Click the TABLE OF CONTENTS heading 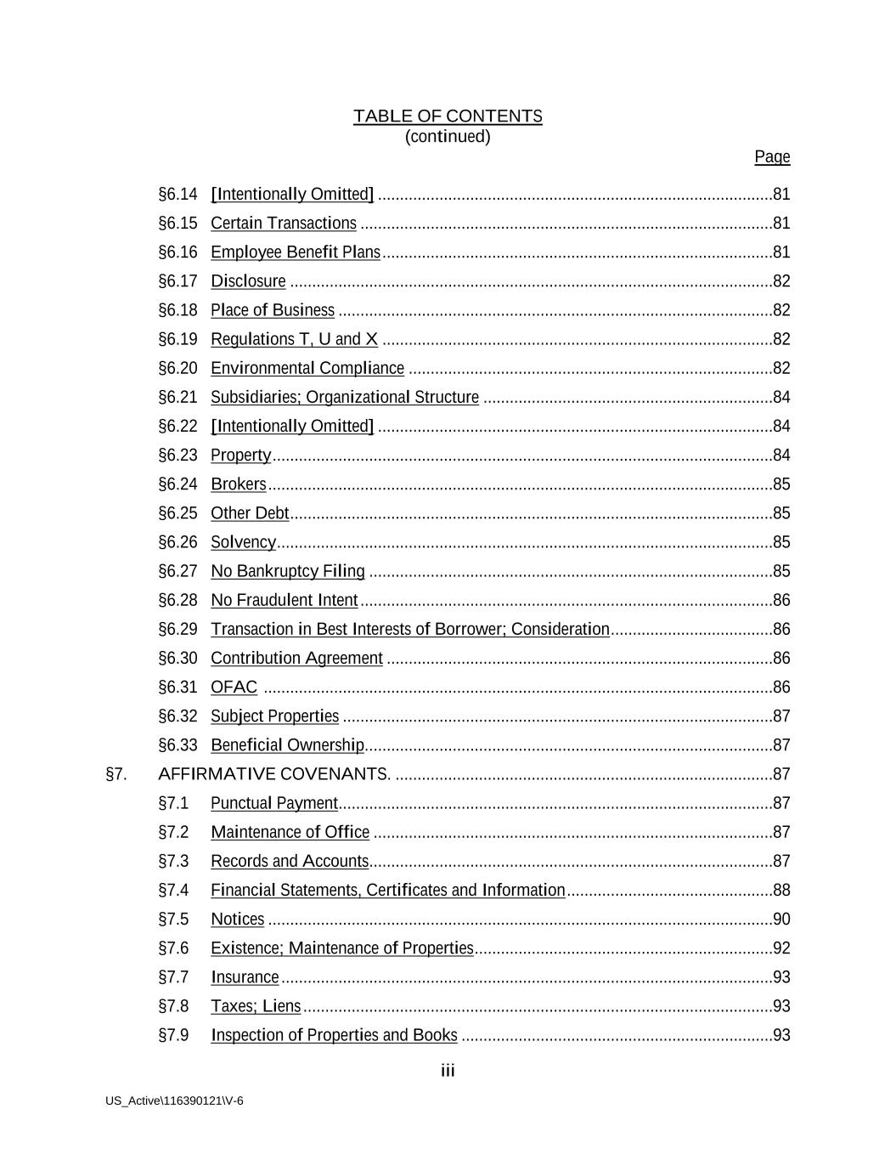pyautogui.click(x=448, y=116)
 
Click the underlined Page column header pyautogui.click(x=772, y=156)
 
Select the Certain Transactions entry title pyautogui.click(x=284, y=224)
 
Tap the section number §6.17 pyautogui.click(x=178, y=281)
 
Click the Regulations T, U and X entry pyautogui.click(x=294, y=339)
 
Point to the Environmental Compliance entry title pyautogui.click(x=307, y=368)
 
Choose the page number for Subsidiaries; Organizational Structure pyautogui.click(x=781, y=397)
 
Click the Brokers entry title pyautogui.click(x=239, y=484)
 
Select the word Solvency pyautogui.click(x=243, y=542)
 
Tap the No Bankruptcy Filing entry pyautogui.click(x=288, y=571)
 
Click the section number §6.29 pyautogui.click(x=178, y=629)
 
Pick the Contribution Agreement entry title pyautogui.click(x=296, y=658)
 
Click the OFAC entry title pyautogui.click(x=234, y=687)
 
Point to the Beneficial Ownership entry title pyautogui.click(x=287, y=745)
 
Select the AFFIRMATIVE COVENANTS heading pyautogui.click(x=273, y=774)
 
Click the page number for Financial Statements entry pyautogui.click(x=781, y=890)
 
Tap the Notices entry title pyautogui.click(x=238, y=919)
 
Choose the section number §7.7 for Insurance pyautogui.click(x=173, y=977)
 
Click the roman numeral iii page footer pyautogui.click(x=448, y=1071)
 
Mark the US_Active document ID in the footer pyautogui.click(x=174, y=1101)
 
